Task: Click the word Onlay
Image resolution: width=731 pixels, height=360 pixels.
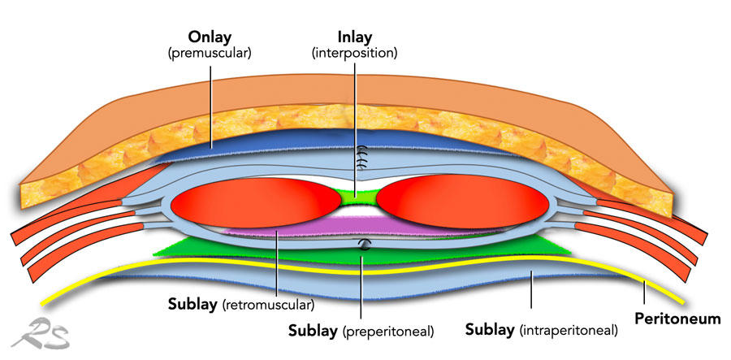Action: (210, 38)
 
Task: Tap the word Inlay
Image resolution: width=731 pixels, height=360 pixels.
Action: (355, 38)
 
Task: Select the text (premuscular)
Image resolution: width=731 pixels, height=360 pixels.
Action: (210, 53)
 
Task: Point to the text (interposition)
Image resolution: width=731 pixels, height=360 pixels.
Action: (355, 53)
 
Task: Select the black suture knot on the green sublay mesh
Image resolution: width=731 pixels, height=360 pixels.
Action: (364, 244)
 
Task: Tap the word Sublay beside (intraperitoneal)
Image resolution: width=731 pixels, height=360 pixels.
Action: (491, 331)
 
